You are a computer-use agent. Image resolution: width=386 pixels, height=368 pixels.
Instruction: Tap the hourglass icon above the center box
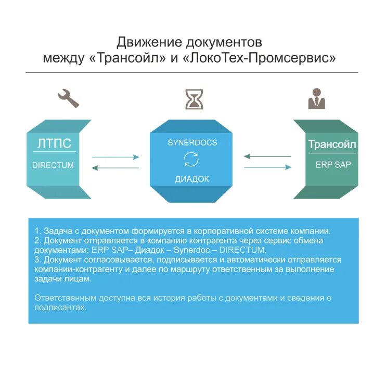(194, 99)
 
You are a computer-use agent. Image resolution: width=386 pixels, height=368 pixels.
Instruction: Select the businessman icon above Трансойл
(316, 98)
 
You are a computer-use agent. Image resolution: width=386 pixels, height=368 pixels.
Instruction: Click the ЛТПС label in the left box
(54, 144)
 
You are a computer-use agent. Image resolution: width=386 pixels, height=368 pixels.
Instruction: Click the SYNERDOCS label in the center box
(192, 142)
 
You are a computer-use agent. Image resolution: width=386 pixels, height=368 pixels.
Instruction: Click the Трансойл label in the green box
(332, 144)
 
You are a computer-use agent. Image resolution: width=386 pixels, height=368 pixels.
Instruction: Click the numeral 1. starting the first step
(37, 231)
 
